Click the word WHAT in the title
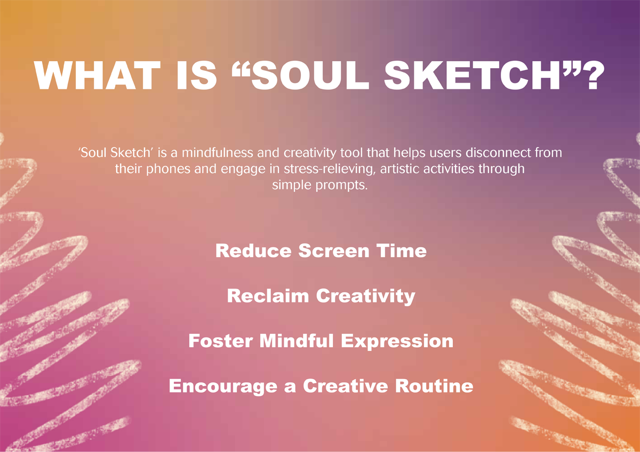coord(97,76)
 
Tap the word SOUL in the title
coord(310,76)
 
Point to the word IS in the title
coord(197,76)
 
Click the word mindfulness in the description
coord(218,153)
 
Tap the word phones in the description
coord(168,169)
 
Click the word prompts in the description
coord(341,186)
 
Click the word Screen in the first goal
coord(334,251)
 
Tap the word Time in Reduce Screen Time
coord(402,251)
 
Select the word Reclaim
coord(268,295)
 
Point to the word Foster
coord(221,341)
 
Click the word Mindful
coord(297,341)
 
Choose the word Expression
coord(397,342)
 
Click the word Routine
coord(434,386)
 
